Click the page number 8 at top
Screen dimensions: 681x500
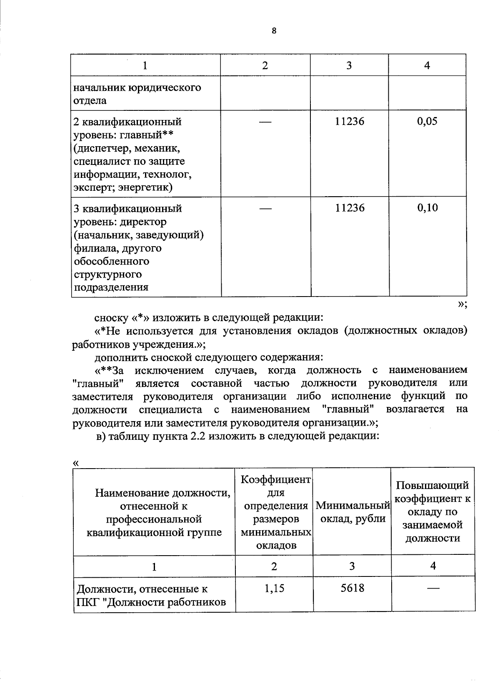(274, 31)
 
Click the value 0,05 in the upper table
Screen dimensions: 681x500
(427, 122)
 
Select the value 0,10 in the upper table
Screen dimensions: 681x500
(427, 208)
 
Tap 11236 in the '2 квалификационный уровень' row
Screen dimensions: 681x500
(350, 122)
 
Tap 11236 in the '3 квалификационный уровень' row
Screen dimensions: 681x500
(350, 208)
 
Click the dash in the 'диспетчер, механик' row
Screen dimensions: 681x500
(265, 122)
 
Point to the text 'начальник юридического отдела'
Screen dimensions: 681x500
(137, 94)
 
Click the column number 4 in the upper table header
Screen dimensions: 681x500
(427, 65)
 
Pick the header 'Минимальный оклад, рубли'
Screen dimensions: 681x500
(352, 512)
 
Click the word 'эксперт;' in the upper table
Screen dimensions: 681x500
(94, 187)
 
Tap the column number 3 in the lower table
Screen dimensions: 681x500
(352, 566)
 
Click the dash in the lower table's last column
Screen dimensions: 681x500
(433, 588)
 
